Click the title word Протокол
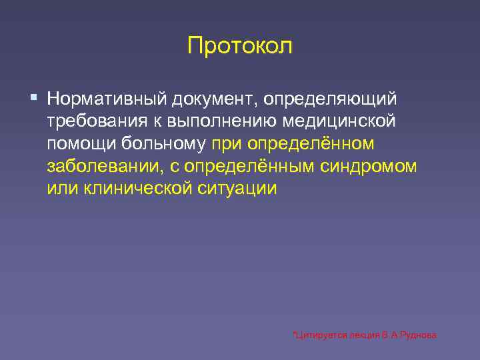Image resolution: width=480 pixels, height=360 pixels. pos(240,47)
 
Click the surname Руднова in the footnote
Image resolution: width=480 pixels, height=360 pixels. pos(419,335)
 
